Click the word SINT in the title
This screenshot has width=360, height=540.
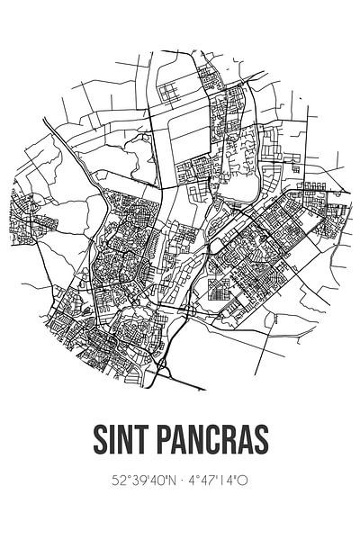(122, 442)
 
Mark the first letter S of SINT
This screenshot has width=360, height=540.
(99, 442)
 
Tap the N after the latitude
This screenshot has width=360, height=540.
(166, 481)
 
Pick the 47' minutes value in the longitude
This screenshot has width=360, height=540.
(205, 481)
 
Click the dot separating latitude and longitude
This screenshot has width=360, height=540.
(178, 481)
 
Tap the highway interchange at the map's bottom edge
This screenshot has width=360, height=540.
(162, 367)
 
